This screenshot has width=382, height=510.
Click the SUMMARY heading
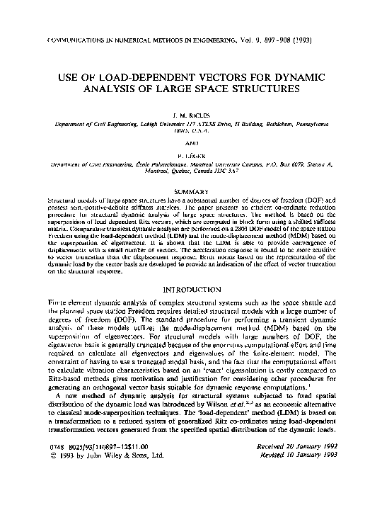pos(190,192)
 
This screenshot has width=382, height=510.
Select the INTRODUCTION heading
pos(190,290)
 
